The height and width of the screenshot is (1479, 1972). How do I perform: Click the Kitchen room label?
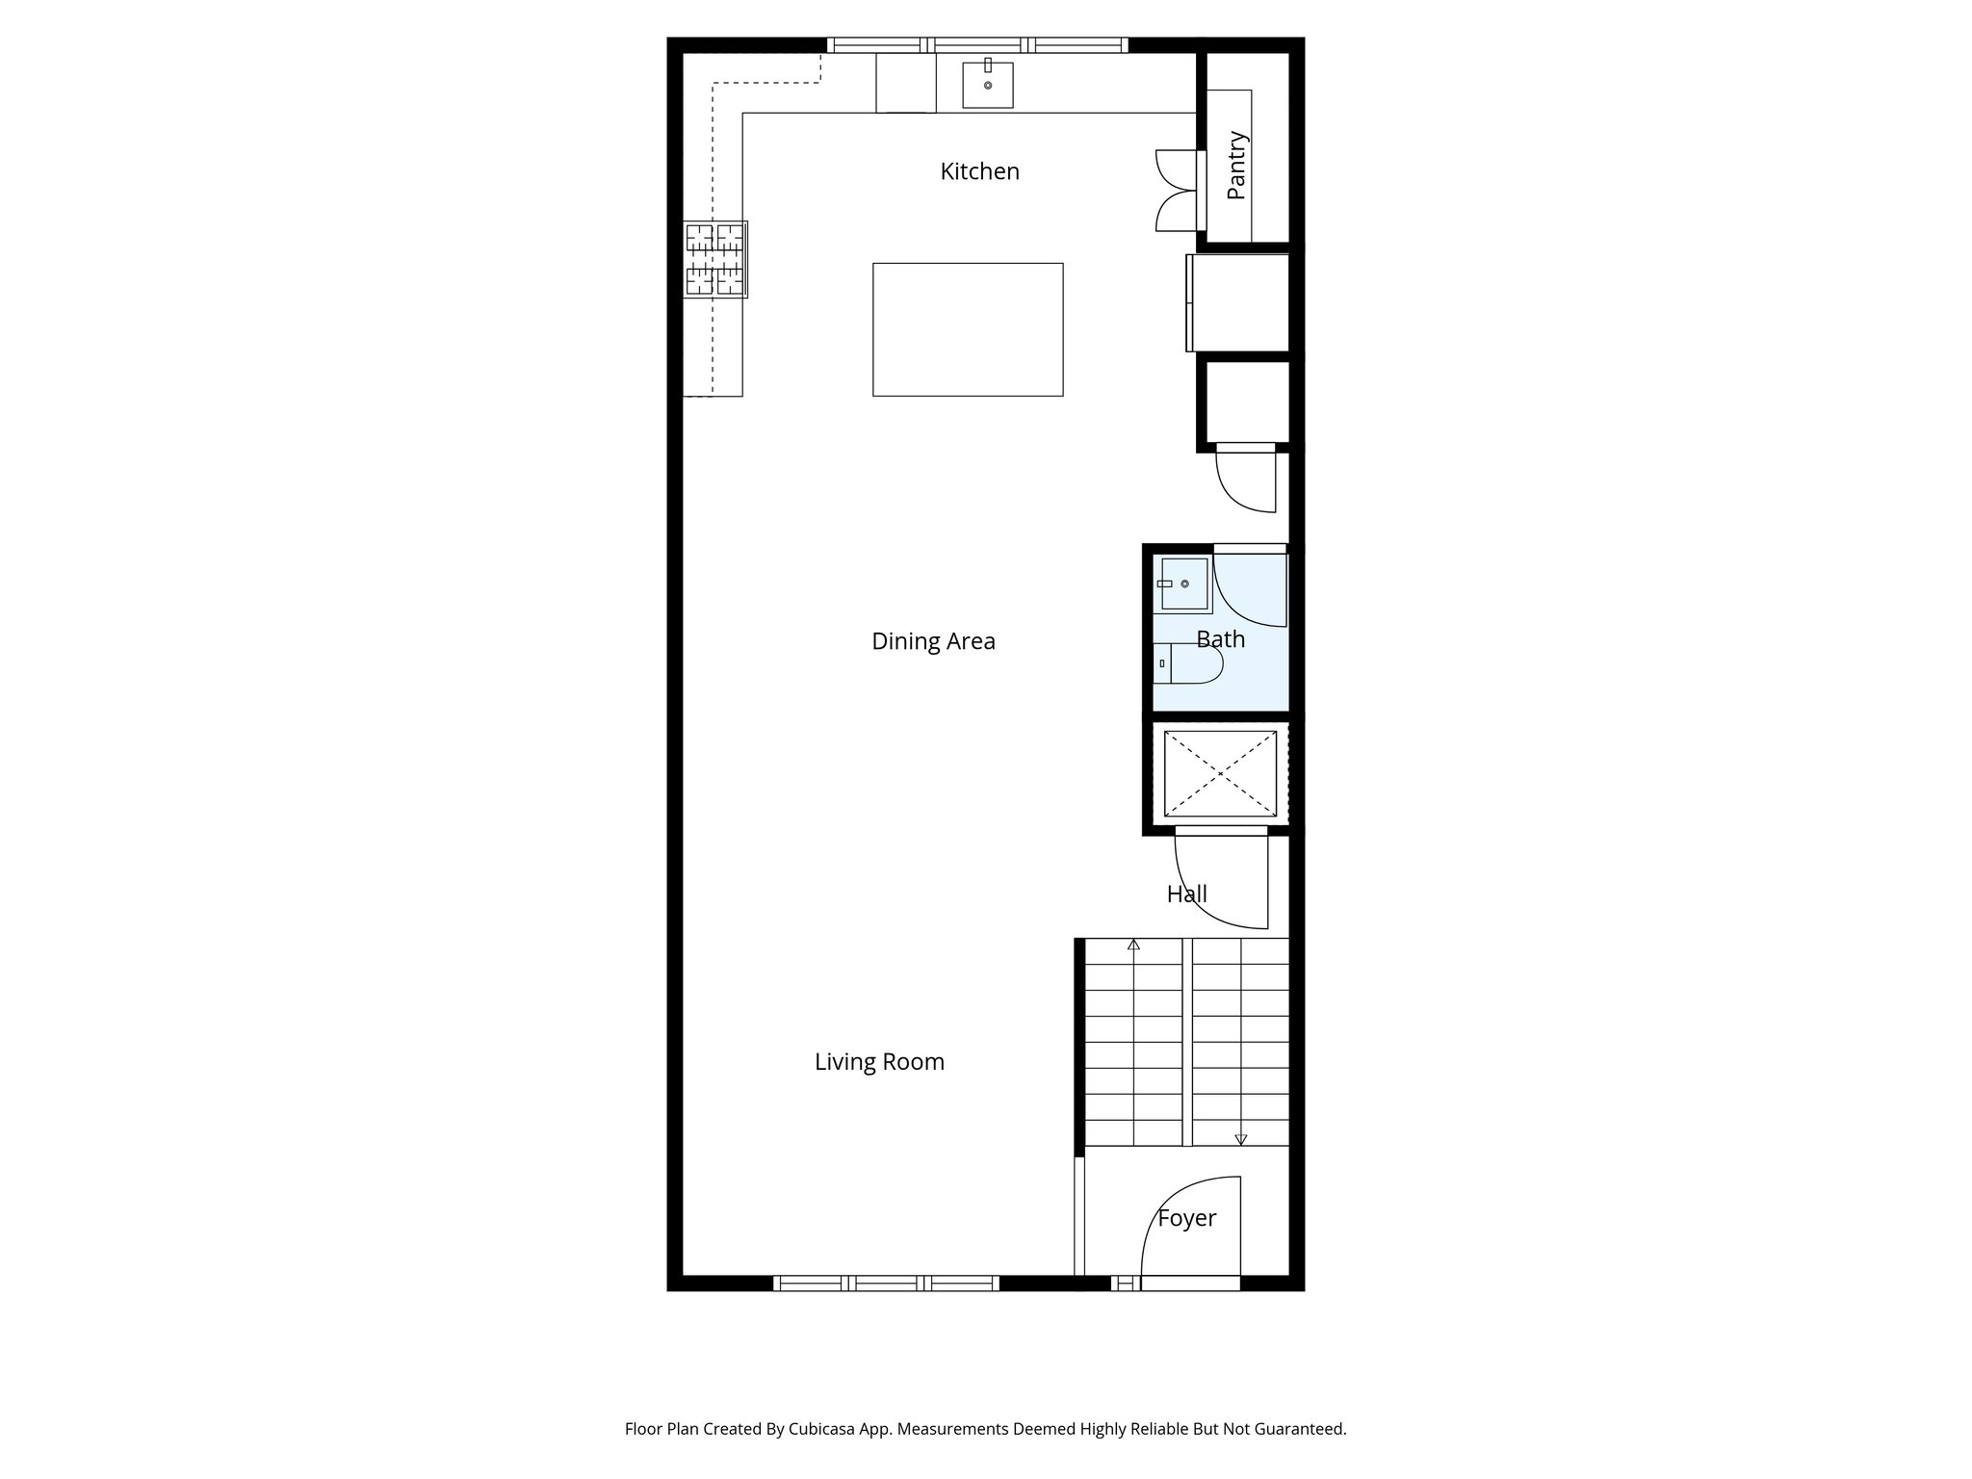pos(979,171)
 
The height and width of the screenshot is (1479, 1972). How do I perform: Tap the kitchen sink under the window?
pos(988,85)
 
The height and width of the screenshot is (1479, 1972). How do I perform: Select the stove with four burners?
pos(715,259)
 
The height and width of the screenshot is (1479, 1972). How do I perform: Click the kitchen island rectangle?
pos(968,329)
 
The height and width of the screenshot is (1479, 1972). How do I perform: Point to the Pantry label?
pos(1237,166)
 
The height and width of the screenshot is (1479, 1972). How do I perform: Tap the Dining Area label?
pos(933,641)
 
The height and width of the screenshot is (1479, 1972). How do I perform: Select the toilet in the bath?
pos(1190,663)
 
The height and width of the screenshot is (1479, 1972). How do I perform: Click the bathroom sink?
pos(1183,584)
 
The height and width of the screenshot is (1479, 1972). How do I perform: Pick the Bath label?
pos(1220,639)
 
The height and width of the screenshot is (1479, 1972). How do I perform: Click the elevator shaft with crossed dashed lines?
pos(1220,774)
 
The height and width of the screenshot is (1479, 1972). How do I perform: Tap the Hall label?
pos(1186,895)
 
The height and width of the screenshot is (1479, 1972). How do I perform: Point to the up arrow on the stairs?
pos(1133,945)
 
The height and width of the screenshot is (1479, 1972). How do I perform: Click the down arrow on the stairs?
pos(1240,1139)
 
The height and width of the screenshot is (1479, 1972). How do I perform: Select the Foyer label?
pos(1186,1218)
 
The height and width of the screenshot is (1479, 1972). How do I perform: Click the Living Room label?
pos(879,1062)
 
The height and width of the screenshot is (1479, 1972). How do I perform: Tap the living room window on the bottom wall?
pos(886,1283)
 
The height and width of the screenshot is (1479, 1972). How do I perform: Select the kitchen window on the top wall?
pos(977,44)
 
